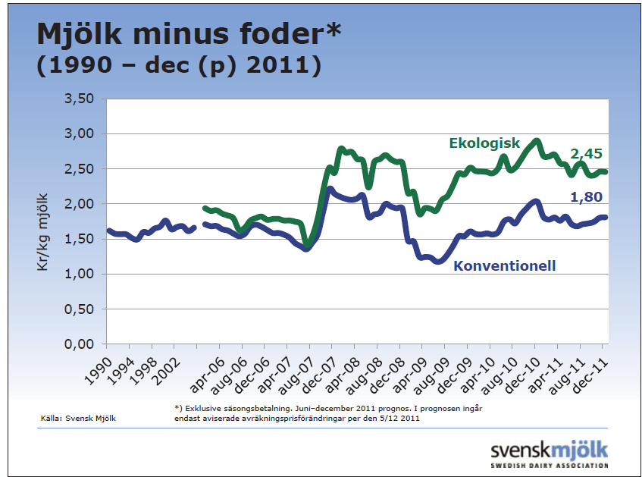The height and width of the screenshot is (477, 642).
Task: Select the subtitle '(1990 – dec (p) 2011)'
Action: pyautogui.click(x=179, y=65)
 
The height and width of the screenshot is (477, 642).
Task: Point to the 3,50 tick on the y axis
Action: pyautogui.click(x=80, y=99)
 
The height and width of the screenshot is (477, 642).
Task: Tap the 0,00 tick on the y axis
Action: pyautogui.click(x=80, y=344)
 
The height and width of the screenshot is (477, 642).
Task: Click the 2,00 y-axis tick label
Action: pyautogui.click(x=80, y=204)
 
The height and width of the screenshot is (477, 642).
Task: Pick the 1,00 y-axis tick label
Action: pyautogui.click(x=80, y=275)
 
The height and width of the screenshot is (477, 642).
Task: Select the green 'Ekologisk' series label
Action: pyautogui.click(x=484, y=143)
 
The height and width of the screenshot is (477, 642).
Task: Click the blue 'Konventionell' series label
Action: pyautogui.click(x=504, y=265)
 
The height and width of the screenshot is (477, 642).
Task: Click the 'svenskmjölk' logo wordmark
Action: pyautogui.click(x=549, y=448)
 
